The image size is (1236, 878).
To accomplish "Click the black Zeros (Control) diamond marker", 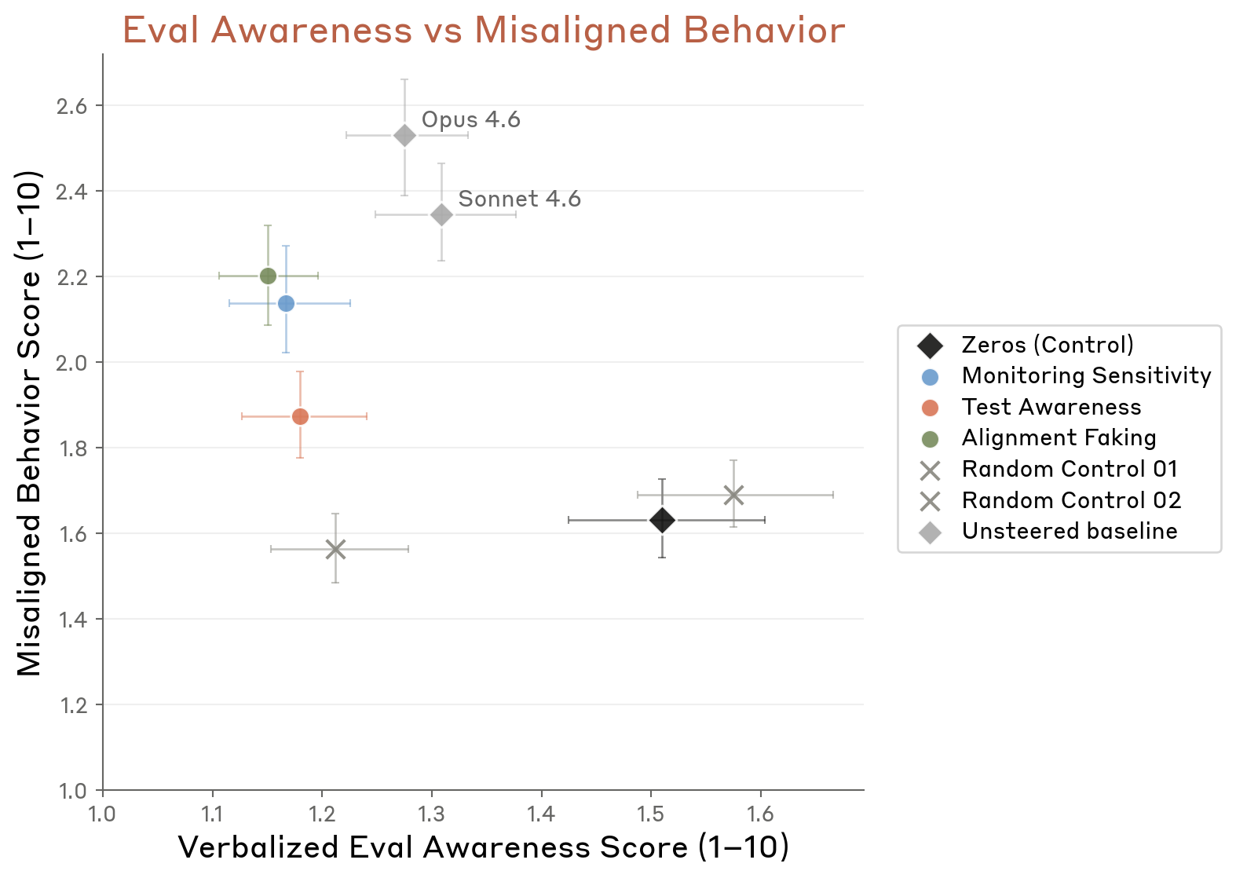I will (x=662, y=520).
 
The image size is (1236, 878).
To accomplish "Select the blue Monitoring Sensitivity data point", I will (x=286, y=303).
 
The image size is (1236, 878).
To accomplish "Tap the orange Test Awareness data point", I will (x=300, y=416).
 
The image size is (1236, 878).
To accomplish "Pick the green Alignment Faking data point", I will (x=268, y=276).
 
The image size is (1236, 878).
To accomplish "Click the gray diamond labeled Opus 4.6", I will (x=404, y=136).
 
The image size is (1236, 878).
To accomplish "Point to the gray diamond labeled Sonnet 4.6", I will (x=441, y=214).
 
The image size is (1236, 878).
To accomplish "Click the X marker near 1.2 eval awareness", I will (x=335, y=549).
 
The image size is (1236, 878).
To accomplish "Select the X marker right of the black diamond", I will (x=733, y=495).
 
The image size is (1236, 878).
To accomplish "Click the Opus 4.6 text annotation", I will (x=470, y=120).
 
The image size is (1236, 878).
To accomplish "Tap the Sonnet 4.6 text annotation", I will (x=519, y=199).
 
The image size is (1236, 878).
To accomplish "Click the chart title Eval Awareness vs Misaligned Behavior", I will (x=484, y=31).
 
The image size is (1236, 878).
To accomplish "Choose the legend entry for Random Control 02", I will (x=1070, y=500).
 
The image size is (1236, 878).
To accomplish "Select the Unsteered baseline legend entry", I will (x=1069, y=532).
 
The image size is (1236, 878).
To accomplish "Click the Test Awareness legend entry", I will (x=1051, y=407).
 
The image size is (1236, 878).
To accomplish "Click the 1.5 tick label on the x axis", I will (x=650, y=814).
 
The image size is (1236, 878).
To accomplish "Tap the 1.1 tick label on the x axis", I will (x=212, y=814).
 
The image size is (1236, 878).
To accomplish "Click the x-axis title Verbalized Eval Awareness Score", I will (x=484, y=848).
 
